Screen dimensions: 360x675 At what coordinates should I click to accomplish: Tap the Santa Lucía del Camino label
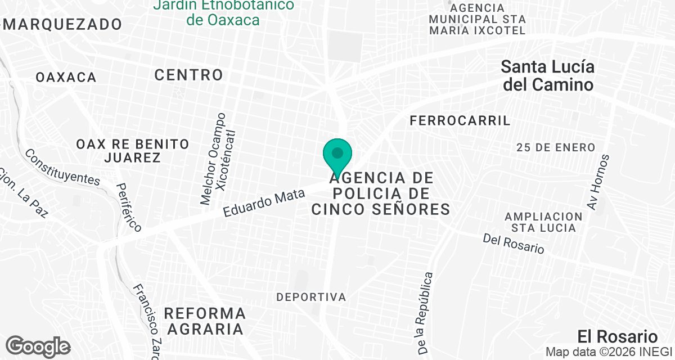[x=547, y=76]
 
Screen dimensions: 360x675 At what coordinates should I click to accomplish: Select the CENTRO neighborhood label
[x=189, y=74]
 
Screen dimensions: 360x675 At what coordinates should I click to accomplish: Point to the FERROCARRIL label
[x=460, y=120]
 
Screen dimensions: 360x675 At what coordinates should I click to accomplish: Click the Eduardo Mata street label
[x=264, y=203]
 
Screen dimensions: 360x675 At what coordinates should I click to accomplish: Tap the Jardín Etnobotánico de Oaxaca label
[x=224, y=12]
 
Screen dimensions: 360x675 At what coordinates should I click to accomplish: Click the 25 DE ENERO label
[x=556, y=147]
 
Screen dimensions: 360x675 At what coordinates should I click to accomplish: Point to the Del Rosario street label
[x=514, y=244]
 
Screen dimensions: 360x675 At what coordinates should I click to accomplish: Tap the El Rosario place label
[x=617, y=336]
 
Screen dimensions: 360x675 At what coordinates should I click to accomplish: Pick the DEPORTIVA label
[x=311, y=296]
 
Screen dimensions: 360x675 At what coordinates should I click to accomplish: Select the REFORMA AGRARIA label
[x=205, y=321]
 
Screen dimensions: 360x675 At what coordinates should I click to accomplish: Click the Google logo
[x=38, y=346]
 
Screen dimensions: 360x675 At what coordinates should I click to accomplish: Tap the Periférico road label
[x=129, y=207]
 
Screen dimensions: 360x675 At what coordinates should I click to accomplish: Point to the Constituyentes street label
[x=62, y=167]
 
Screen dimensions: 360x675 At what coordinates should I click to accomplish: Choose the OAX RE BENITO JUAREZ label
[x=133, y=150]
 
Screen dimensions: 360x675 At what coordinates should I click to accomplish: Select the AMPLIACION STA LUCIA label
[x=543, y=222]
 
